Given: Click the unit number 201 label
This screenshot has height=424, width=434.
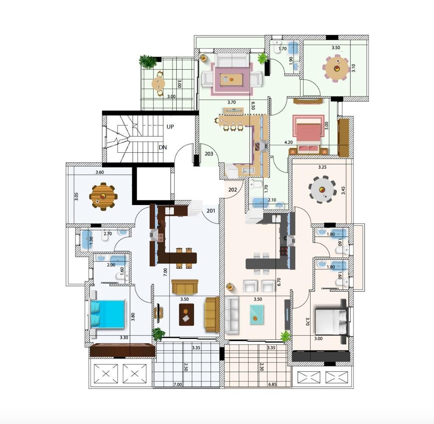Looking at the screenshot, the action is [x=211, y=211].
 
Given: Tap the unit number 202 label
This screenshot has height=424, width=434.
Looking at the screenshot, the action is [x=233, y=190].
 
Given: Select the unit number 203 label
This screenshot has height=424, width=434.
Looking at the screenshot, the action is [x=209, y=154].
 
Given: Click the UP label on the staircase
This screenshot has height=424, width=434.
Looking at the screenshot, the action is [x=170, y=126].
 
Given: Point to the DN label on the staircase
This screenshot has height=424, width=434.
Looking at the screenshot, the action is [x=163, y=147].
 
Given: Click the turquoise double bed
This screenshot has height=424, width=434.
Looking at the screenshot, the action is [x=107, y=314].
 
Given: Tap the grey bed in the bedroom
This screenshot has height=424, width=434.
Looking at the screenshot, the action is [x=331, y=321].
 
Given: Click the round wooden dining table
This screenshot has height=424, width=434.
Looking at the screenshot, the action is [x=103, y=197].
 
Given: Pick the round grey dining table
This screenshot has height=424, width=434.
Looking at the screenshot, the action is [x=322, y=190].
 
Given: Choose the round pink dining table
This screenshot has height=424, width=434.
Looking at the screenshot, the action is [x=337, y=68].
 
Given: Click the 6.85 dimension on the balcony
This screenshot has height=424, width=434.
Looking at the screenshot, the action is [x=273, y=385].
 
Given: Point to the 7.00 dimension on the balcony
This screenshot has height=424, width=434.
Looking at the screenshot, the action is [x=178, y=385].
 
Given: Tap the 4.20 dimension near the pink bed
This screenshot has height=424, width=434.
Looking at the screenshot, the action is [x=288, y=142].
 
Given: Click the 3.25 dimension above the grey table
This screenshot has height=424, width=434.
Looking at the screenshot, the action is [x=322, y=167].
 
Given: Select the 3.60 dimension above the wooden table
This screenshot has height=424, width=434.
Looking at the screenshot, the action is [x=100, y=172].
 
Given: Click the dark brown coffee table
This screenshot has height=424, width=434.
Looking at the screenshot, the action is [x=186, y=315].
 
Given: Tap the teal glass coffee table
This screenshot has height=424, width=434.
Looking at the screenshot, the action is [x=257, y=315].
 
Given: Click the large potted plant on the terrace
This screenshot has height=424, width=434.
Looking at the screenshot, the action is [x=148, y=61].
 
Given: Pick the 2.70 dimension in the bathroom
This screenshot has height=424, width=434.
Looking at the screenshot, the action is [x=108, y=233].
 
